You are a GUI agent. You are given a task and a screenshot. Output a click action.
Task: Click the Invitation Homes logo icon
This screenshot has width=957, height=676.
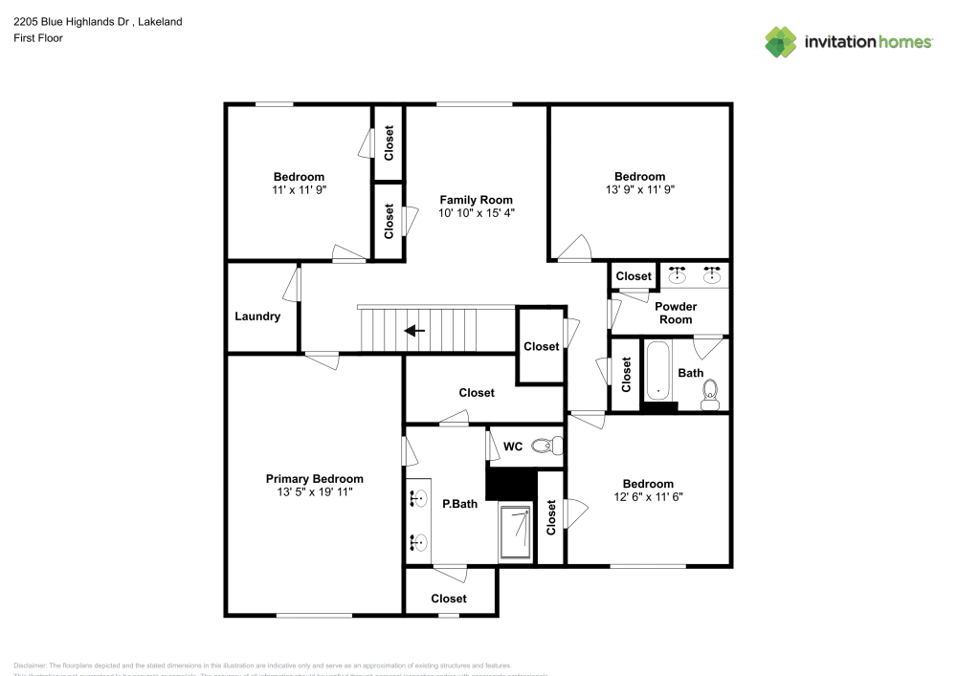click(x=781, y=41)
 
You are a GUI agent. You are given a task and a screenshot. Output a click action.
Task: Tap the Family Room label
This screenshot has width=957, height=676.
click(x=476, y=200)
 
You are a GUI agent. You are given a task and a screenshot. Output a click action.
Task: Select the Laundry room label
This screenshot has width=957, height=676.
click(x=257, y=316)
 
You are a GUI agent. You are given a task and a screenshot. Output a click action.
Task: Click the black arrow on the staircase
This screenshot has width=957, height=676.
click(x=414, y=331)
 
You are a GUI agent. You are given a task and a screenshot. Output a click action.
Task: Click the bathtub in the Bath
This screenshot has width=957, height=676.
click(x=658, y=372)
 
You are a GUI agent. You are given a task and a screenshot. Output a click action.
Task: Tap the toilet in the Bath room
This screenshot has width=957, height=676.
click(x=710, y=393)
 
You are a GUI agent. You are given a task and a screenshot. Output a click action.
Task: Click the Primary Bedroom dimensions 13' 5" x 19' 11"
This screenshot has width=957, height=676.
click(x=314, y=492)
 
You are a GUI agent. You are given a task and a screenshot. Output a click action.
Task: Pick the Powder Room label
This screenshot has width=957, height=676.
click(x=676, y=313)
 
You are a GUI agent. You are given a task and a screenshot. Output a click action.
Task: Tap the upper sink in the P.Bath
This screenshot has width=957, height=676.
click(x=418, y=497)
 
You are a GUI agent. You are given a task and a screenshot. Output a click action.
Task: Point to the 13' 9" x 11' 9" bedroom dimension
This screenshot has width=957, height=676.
click(x=639, y=189)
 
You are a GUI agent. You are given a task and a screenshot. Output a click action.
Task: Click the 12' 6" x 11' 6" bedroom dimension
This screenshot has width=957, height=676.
click(x=648, y=497)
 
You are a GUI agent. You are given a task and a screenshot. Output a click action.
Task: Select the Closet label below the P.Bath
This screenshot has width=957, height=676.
click(x=449, y=599)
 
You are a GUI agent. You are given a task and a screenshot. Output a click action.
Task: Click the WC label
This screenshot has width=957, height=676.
click(x=513, y=446)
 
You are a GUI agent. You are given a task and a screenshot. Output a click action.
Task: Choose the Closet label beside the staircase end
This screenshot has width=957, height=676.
click(x=542, y=346)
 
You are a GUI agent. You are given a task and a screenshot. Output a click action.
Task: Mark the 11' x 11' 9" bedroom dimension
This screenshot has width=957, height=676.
click(x=299, y=189)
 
